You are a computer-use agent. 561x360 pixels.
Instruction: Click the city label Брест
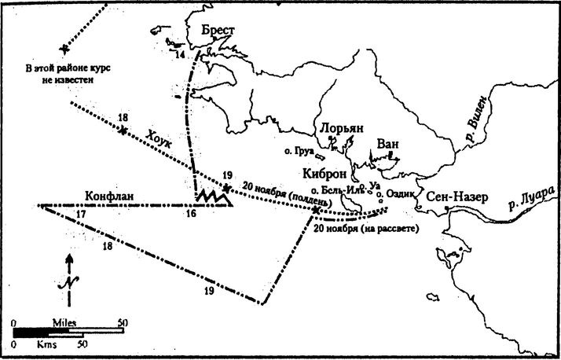click(218, 29)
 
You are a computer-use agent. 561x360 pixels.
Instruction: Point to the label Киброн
click(324, 174)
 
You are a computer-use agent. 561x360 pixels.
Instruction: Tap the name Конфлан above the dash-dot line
click(110, 196)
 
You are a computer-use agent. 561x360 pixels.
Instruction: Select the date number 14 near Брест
click(180, 55)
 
